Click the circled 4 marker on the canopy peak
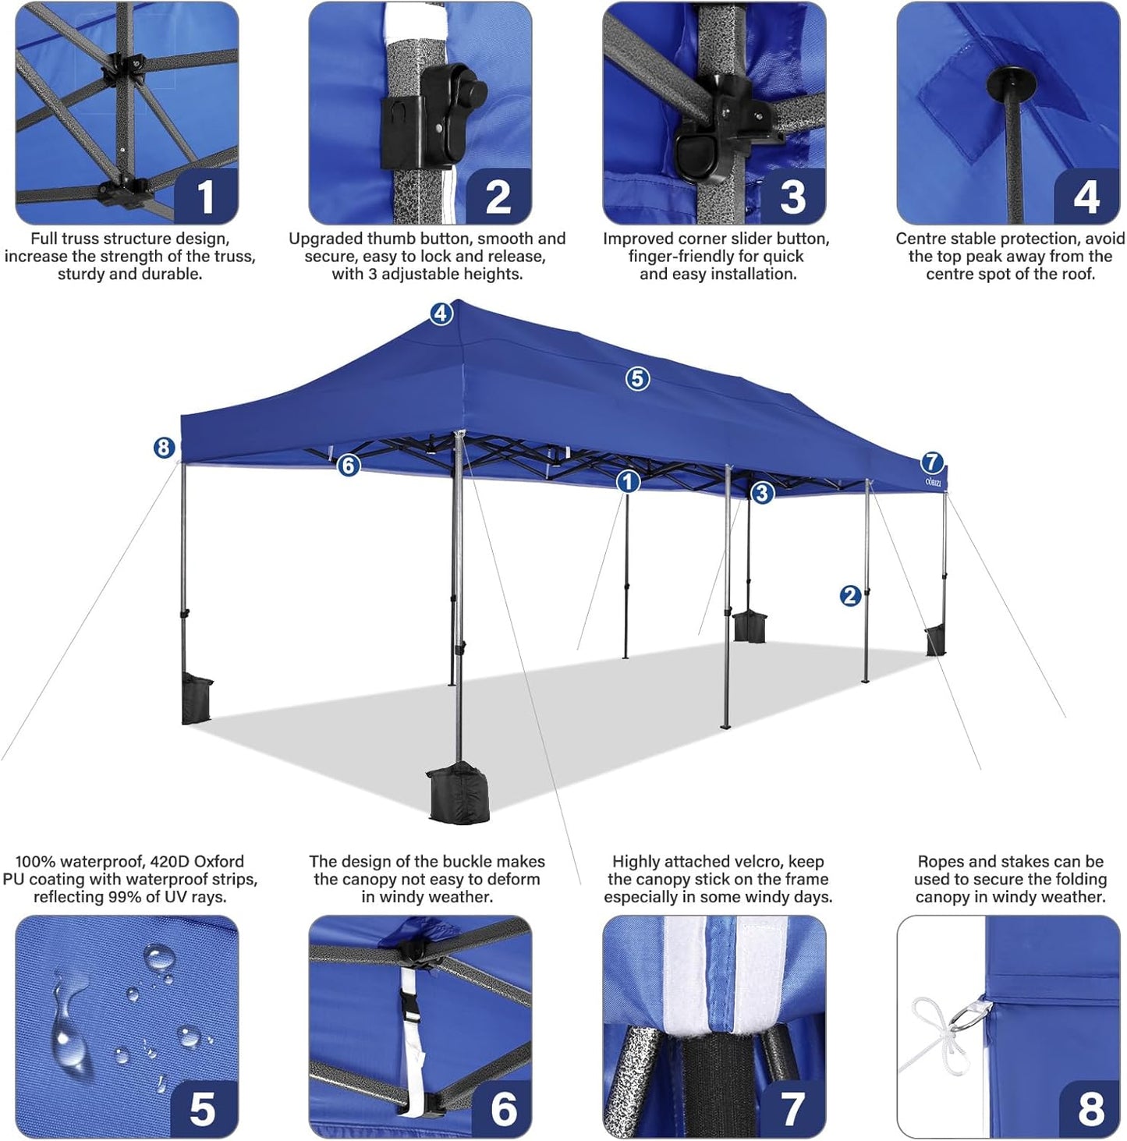[441, 314]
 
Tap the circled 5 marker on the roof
[637, 379]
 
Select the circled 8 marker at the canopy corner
[163, 448]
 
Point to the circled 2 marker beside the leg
[850, 596]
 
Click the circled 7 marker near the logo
[932, 462]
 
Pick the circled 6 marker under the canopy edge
[349, 466]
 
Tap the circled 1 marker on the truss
[628, 482]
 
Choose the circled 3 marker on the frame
[762, 493]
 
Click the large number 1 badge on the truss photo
[205, 197]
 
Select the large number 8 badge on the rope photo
[1090, 1107]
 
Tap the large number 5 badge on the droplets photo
[203, 1107]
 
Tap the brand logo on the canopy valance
[933, 483]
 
